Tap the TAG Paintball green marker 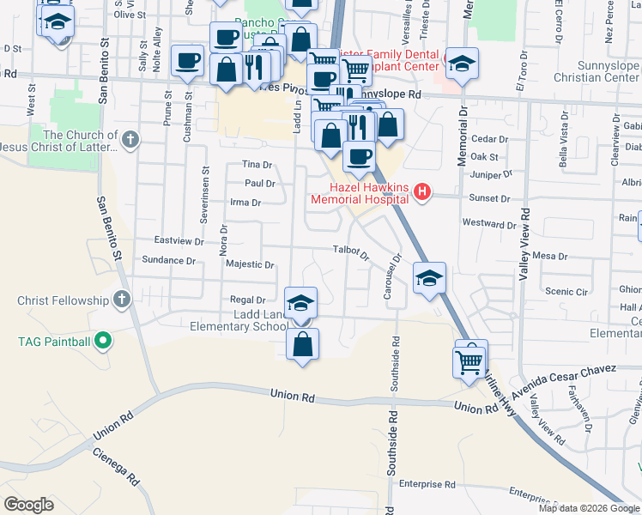pos(104,342)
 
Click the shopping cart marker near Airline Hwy pos(469,361)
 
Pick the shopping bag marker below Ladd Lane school pos(302,346)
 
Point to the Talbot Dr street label pos(351,252)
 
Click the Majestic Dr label pos(249,265)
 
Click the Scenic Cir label pos(566,292)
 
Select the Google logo pos(29,505)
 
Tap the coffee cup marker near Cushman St pos(187,62)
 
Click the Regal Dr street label pos(248,300)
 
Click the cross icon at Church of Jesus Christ pos(130,139)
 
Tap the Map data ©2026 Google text pos(588,508)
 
